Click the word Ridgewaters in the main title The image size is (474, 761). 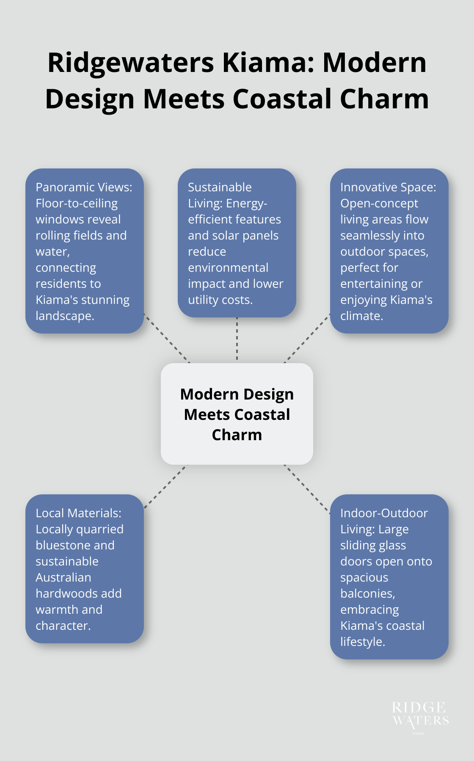coord(131,63)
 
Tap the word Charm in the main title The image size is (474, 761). coord(384,99)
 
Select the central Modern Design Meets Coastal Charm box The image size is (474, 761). coord(237,414)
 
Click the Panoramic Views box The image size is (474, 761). coord(85,251)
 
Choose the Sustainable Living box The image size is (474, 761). coord(237,243)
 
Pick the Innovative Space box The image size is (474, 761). coord(389,251)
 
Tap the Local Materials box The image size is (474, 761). coord(85,568)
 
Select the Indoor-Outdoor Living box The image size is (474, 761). coord(389,576)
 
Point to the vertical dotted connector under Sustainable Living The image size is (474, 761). coord(237,339)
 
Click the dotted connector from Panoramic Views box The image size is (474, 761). coord(167,339)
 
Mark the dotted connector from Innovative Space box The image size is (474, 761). coord(307,338)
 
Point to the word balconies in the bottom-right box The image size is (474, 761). coord(367,593)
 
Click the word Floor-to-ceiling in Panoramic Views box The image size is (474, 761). coord(77,203)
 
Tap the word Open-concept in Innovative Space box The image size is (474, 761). coord(379,203)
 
